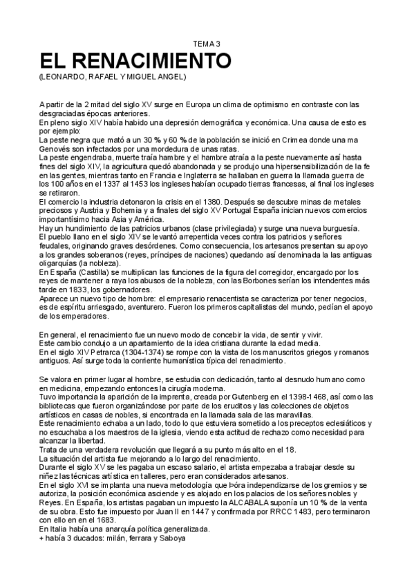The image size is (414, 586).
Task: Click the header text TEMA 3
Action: [206, 44]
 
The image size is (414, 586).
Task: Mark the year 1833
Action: [84, 290]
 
